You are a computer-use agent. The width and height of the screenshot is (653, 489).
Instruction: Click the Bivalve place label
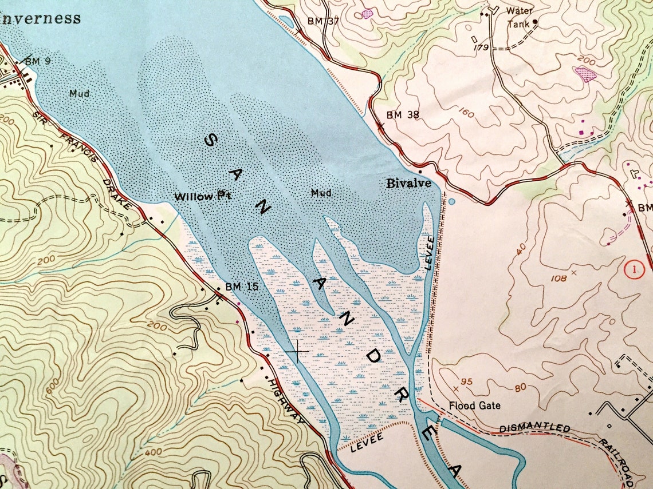(x=407, y=184)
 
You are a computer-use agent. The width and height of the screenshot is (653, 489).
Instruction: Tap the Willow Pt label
(x=203, y=196)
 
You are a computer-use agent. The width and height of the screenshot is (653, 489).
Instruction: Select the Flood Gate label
(x=474, y=405)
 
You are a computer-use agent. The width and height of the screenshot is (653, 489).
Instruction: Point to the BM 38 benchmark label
(x=403, y=115)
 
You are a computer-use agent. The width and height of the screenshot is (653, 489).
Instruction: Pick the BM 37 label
(x=324, y=21)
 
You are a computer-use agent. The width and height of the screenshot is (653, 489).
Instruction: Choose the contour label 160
(x=466, y=114)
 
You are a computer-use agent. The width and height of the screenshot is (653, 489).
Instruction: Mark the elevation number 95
(x=466, y=382)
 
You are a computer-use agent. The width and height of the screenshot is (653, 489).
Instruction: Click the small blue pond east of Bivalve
(x=452, y=202)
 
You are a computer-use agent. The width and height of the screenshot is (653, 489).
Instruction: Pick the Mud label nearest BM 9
(x=79, y=93)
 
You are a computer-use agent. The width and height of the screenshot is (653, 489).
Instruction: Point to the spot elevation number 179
(x=481, y=47)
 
